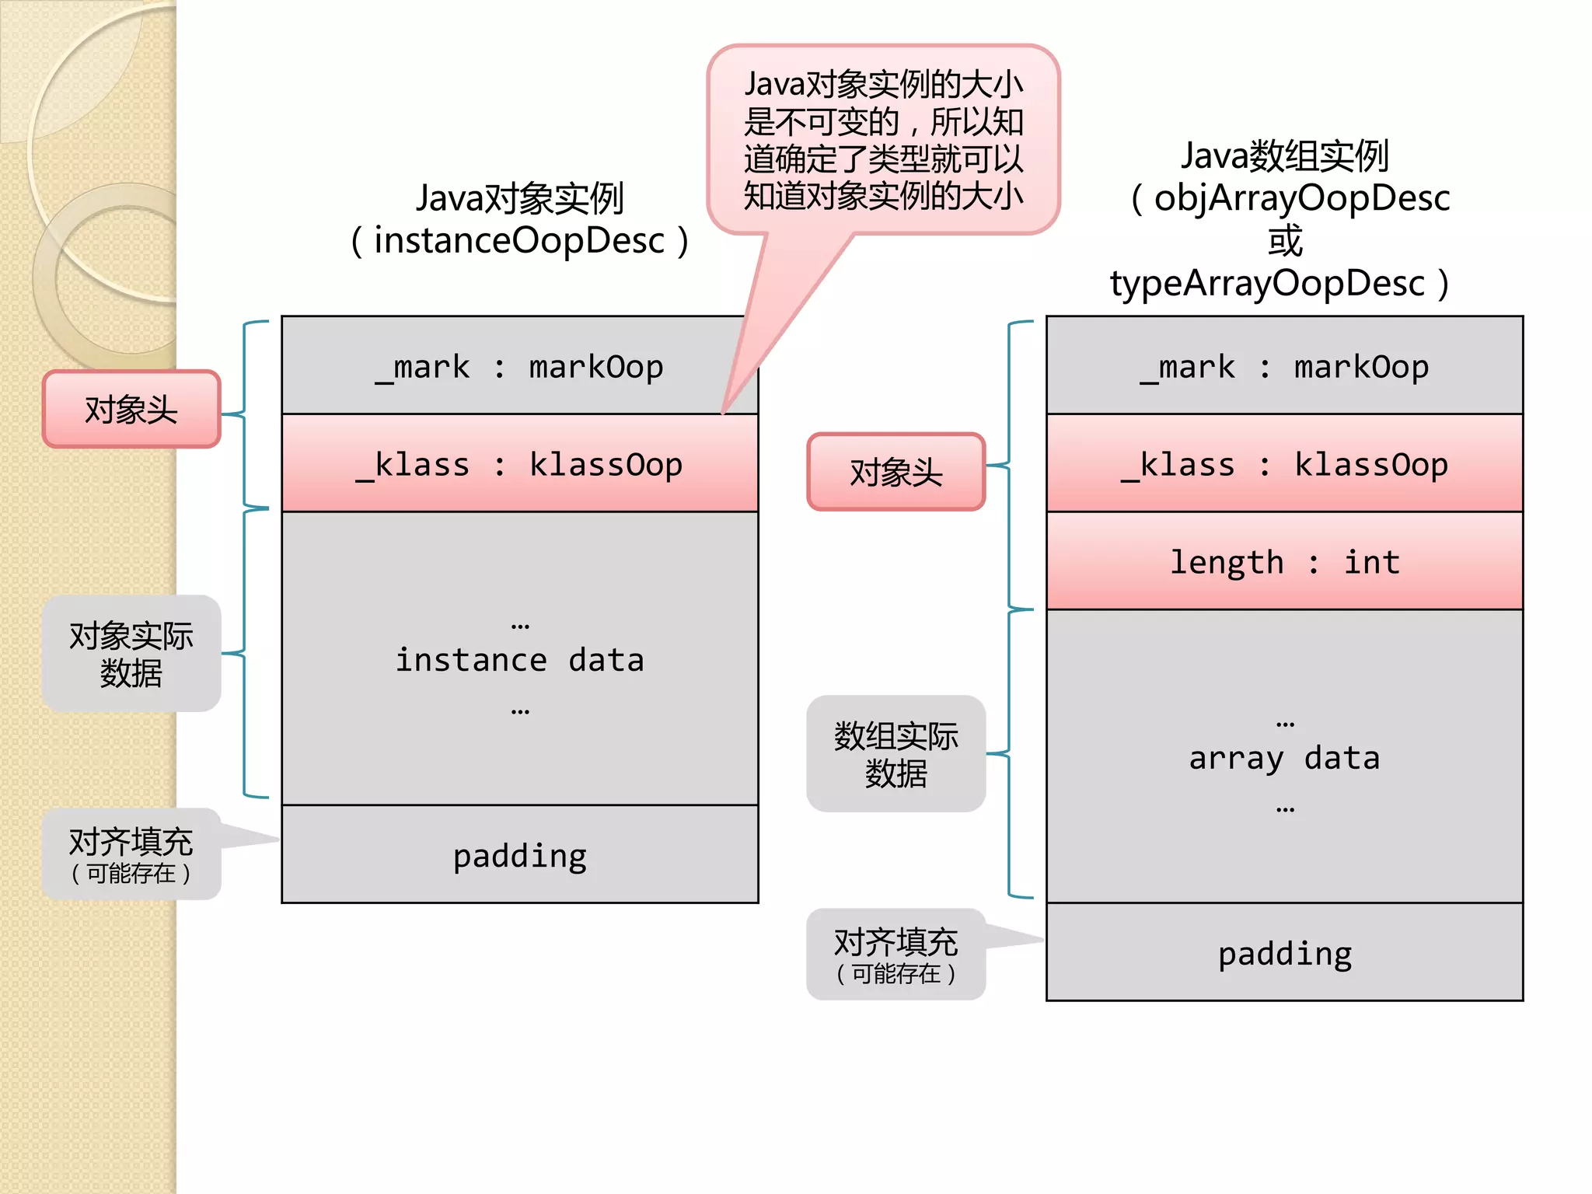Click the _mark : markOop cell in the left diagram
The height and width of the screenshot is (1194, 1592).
pos(519,366)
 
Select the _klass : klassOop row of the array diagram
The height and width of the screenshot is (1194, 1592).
pos(1284,464)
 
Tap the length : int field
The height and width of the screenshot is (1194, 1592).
pos(1284,561)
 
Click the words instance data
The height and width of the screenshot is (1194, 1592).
pos(519,660)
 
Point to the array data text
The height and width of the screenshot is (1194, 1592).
pos(1284,758)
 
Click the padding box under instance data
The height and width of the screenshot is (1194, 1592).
pos(519,855)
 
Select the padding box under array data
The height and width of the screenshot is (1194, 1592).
pos(1284,953)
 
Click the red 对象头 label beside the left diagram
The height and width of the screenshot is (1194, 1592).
pos(131,410)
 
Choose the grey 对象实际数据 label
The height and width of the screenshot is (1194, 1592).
pos(131,654)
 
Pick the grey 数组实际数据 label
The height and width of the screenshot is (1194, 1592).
pos(895,754)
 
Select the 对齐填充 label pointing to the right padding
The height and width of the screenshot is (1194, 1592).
pos(895,955)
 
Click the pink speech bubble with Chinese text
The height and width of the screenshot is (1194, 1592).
pos(883,140)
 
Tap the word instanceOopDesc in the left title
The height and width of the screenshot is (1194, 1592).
pos(519,241)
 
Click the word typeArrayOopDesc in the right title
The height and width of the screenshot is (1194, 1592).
pos(1267,283)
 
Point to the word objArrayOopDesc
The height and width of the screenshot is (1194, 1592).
pos(1301,198)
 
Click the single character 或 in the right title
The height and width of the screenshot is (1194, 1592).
pos(1284,241)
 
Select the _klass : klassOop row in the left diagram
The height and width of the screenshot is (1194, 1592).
pos(519,464)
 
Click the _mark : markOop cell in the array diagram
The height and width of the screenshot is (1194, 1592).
pos(1284,366)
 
